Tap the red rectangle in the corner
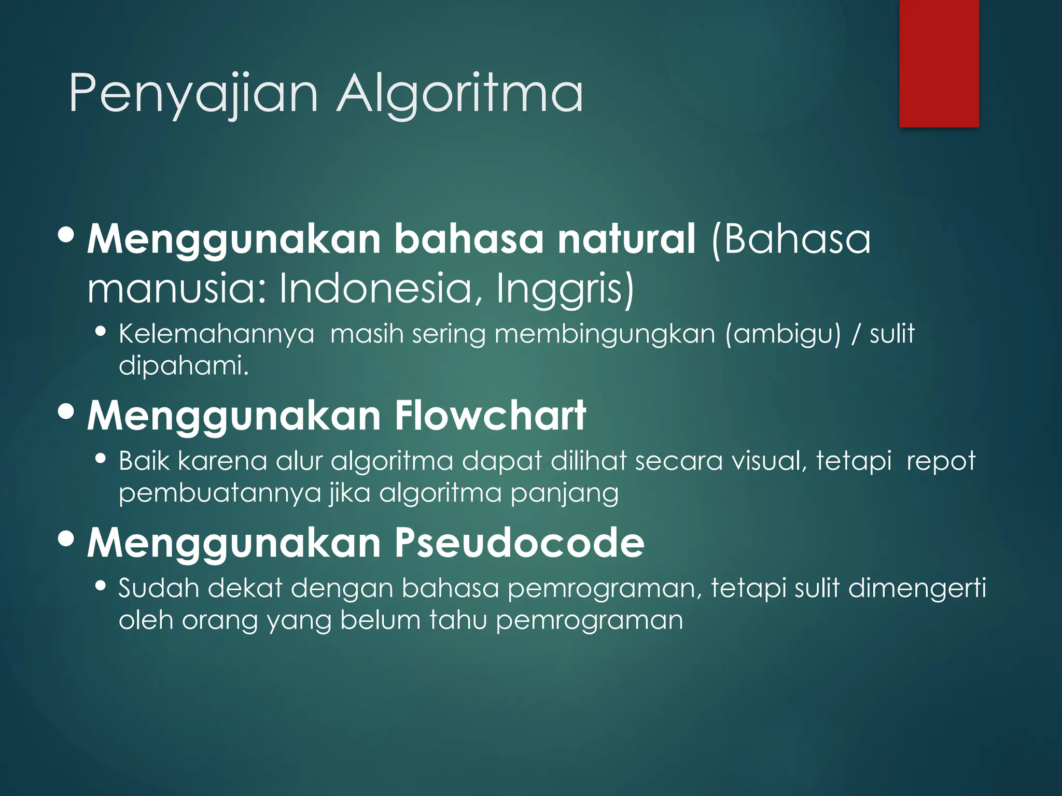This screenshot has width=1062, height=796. [939, 63]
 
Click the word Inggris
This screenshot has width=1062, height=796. [565, 289]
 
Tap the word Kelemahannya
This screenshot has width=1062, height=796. [216, 334]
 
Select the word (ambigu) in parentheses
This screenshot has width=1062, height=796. [782, 334]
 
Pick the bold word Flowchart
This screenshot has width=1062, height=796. [490, 416]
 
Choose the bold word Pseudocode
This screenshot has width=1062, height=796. [519, 543]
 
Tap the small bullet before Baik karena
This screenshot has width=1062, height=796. [101, 459]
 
